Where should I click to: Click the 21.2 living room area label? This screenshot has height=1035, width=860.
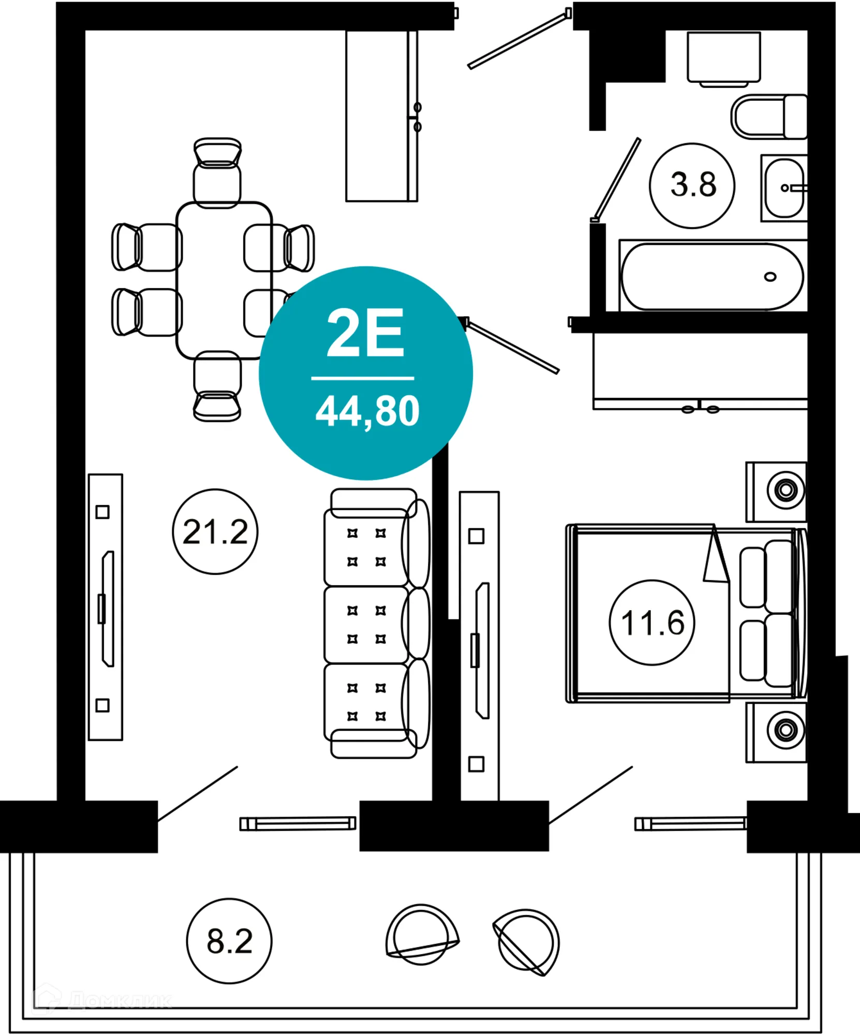click(x=215, y=531)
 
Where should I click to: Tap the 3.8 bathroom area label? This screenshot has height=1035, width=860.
click(x=692, y=185)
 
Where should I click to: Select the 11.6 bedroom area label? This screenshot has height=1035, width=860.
click(x=652, y=622)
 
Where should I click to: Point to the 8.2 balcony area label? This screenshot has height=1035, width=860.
click(x=229, y=941)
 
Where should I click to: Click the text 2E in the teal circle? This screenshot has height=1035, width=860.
click(x=365, y=333)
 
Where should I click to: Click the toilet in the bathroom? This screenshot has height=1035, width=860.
click(x=768, y=117)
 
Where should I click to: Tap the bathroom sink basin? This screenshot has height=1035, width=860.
click(x=784, y=188)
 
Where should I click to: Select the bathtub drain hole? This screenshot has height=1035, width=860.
click(x=770, y=277)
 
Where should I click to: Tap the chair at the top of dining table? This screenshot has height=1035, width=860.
click(x=217, y=173)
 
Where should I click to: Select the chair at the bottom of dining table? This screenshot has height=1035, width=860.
click(x=217, y=386)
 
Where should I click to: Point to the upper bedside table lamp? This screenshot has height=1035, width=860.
click(x=785, y=490)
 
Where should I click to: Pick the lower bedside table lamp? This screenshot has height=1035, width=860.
click(x=785, y=730)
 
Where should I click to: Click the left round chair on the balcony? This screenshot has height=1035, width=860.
click(x=421, y=935)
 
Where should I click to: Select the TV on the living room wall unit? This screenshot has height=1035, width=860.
click(x=108, y=609)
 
